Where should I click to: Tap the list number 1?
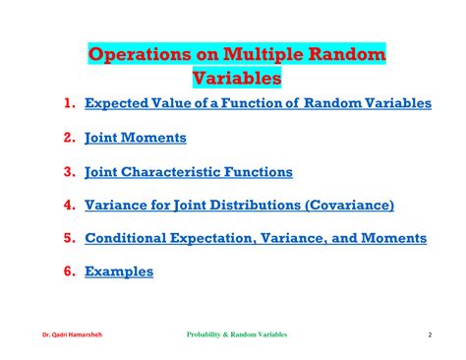point(70,103)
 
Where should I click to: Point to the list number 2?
point(70,138)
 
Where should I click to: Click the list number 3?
point(70,171)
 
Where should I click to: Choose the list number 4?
point(70,205)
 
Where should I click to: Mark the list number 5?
point(70,238)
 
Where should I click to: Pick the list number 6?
point(70,271)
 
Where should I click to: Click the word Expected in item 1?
point(116,103)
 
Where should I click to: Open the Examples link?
point(119,271)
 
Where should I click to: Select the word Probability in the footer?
point(208,335)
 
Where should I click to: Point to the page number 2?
point(430,335)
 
